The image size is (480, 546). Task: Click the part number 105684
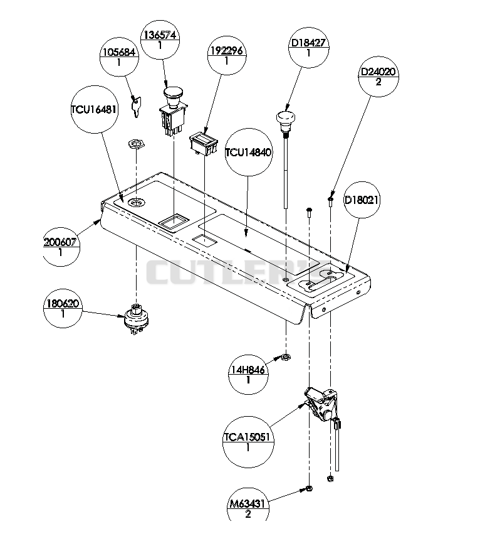(x=119, y=52)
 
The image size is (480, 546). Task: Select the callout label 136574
(x=160, y=35)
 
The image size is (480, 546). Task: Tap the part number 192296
(x=227, y=51)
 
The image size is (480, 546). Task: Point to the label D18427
(x=308, y=43)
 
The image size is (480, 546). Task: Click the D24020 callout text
(x=378, y=72)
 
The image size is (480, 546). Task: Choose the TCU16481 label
(x=94, y=109)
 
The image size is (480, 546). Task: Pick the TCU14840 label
(x=248, y=153)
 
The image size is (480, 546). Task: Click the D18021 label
(x=362, y=200)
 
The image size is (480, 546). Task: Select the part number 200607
(x=61, y=242)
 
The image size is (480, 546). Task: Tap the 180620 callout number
(x=63, y=304)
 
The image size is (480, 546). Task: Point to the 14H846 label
(x=248, y=370)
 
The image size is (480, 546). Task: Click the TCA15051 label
(x=247, y=437)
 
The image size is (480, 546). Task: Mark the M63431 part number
(x=248, y=503)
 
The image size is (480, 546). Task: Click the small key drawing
(x=135, y=107)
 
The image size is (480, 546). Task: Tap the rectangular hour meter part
(x=203, y=144)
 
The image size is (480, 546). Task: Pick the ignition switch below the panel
(x=135, y=318)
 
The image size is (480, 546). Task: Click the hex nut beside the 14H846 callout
(x=286, y=356)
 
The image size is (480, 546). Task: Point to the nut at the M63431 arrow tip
(x=309, y=488)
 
